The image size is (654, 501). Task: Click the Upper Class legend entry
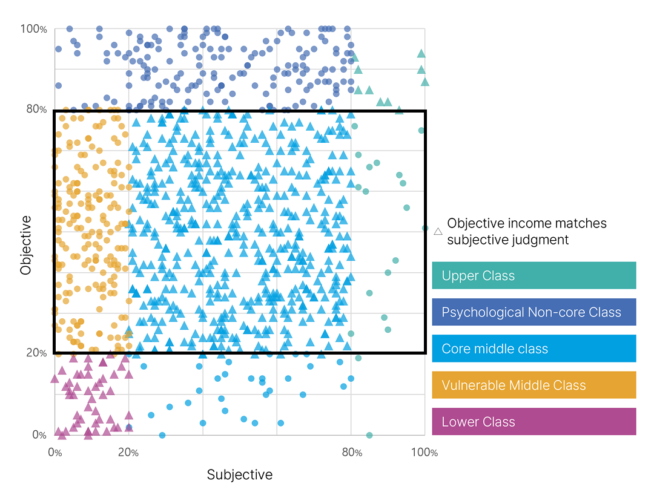tap(533, 276)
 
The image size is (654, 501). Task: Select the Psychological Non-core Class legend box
tap(533, 312)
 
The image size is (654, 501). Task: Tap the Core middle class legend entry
tap(533, 349)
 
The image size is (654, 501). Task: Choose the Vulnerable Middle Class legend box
tap(533, 385)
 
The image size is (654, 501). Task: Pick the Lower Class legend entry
tap(533, 422)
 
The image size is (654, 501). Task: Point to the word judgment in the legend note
tap(539, 240)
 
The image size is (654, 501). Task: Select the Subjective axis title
tap(240, 474)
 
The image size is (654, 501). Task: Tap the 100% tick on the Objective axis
tap(33, 28)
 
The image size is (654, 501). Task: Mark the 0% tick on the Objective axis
tap(39, 435)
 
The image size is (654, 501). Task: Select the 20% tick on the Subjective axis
tap(128, 453)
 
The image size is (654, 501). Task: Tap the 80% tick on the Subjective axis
tap(352, 453)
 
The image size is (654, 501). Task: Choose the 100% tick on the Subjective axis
tap(424, 453)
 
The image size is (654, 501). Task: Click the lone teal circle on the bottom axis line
tap(369, 435)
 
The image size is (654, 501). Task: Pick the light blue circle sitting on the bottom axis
tap(162, 435)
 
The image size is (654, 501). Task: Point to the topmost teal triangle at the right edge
tap(421, 54)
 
